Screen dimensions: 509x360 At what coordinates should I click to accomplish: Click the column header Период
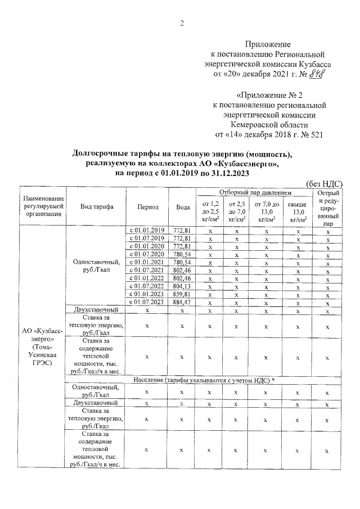(x=147, y=207)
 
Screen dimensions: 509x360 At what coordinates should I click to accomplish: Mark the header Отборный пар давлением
(x=251, y=192)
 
